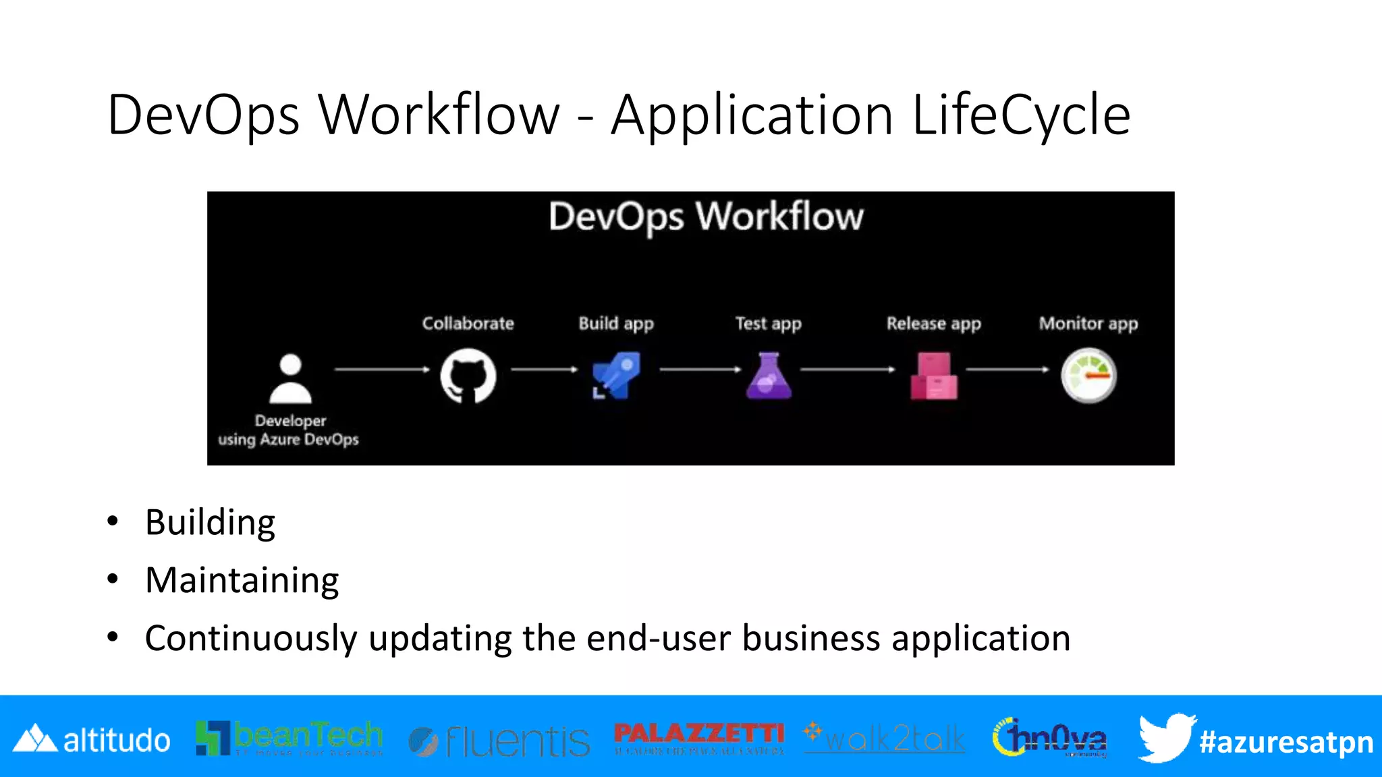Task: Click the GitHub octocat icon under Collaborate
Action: click(468, 376)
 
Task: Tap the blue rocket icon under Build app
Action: click(616, 375)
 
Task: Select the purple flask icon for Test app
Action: click(769, 376)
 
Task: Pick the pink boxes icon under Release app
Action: click(933, 376)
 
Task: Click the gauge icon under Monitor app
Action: click(1088, 376)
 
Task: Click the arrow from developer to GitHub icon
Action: click(382, 370)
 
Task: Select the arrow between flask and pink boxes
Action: click(848, 370)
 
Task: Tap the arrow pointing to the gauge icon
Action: click(1007, 370)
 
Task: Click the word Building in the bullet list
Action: click(210, 523)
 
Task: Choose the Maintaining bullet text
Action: click(242, 581)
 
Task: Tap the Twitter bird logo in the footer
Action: click(1166, 737)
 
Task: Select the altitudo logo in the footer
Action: click(92, 740)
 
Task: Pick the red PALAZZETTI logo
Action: click(699, 737)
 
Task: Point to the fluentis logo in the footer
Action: click(499, 741)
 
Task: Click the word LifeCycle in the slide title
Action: click(1021, 115)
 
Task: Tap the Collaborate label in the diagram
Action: click(468, 324)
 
